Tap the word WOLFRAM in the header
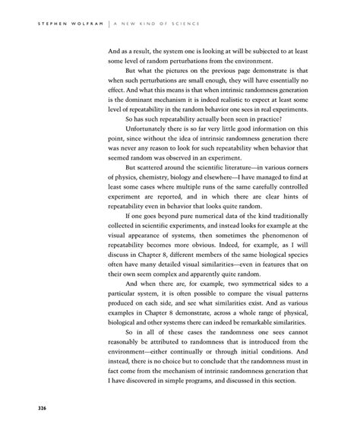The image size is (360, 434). point(84,22)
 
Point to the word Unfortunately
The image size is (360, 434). point(142,131)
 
